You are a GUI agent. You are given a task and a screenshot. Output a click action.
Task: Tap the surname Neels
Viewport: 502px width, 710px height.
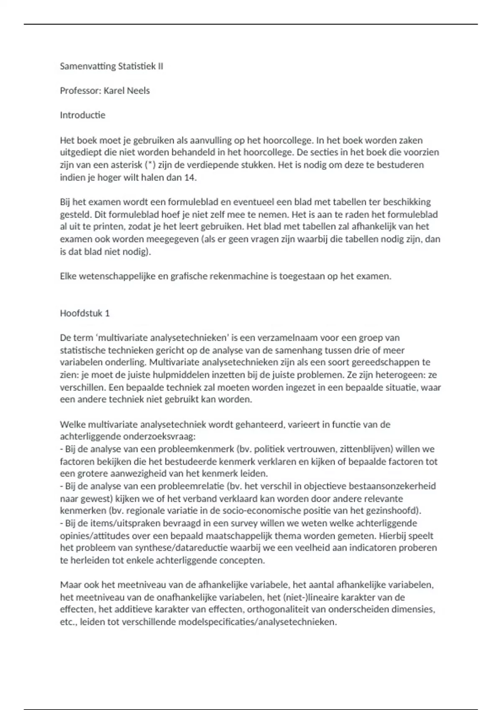138,91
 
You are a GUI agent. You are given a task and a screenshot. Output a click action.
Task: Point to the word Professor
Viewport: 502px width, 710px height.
80,91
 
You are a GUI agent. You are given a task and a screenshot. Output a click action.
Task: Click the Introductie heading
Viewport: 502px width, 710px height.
82,115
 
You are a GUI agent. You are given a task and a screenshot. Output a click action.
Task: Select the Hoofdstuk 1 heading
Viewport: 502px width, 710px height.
85,313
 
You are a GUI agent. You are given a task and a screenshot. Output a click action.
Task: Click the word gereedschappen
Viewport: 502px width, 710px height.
374,362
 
